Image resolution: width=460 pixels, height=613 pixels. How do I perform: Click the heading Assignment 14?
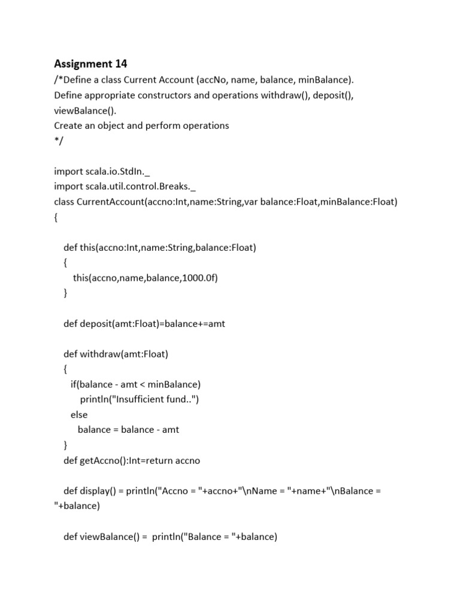(x=90, y=63)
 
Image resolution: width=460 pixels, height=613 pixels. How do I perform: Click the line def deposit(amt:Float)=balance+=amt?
(x=144, y=323)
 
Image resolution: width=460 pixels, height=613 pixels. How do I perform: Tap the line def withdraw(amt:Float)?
(x=116, y=354)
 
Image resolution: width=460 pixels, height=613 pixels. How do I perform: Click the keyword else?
(x=79, y=415)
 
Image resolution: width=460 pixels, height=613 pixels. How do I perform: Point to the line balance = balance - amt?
(x=128, y=430)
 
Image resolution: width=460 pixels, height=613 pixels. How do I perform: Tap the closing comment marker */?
(x=57, y=141)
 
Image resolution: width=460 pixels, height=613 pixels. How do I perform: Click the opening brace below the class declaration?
(x=56, y=217)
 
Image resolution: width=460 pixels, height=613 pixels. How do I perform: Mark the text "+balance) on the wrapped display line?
(x=77, y=506)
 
